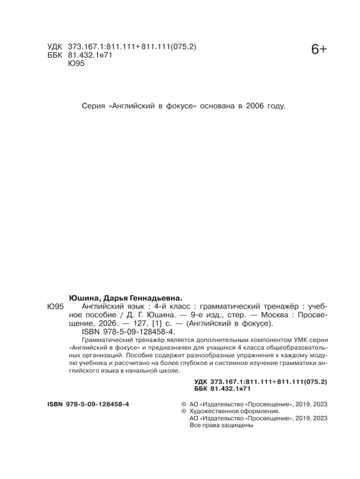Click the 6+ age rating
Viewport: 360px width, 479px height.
319,50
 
